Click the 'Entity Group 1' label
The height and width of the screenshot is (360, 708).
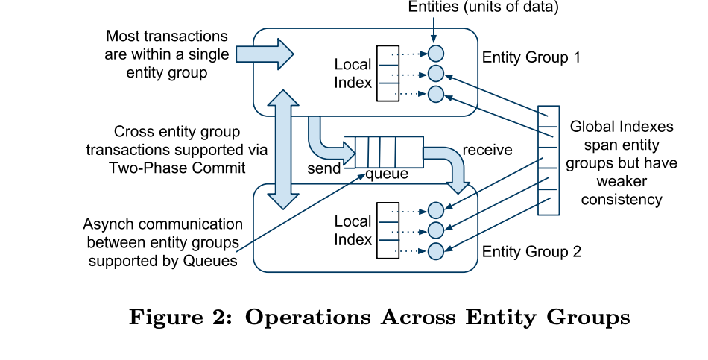tap(531, 57)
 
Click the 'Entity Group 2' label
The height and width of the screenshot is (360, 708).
tap(531, 251)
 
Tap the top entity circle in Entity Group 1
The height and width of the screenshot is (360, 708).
tap(436, 54)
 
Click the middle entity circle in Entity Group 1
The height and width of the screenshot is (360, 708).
tap(436, 74)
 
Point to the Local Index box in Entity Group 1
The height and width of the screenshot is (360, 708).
tap(388, 74)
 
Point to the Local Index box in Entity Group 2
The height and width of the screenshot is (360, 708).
tap(388, 230)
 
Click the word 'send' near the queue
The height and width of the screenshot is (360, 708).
tap(324, 168)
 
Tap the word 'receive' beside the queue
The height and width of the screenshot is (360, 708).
tap(487, 150)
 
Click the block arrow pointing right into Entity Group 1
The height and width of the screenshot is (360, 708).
tap(265, 54)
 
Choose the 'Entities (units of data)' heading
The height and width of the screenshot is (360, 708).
tap(483, 7)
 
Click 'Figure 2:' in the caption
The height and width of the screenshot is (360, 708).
tap(181, 317)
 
